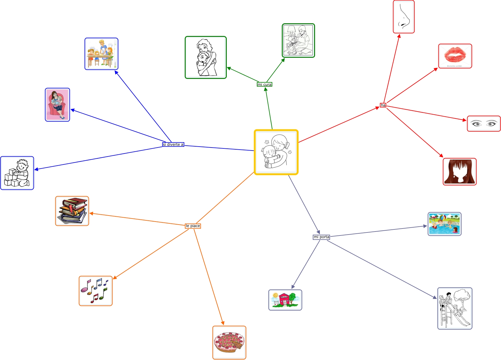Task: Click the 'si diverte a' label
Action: (173, 144)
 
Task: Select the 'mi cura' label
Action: (264, 84)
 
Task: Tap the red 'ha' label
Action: (383, 105)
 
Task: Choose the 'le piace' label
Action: (193, 226)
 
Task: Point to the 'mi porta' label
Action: (321, 237)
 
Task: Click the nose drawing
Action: (404, 17)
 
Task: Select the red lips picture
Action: (455, 56)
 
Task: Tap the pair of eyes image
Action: (484, 124)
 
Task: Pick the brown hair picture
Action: (460, 171)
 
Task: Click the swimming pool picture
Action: (444, 224)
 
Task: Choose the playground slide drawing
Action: (455, 308)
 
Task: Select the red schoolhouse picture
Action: (285, 300)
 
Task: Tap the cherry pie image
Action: (229, 342)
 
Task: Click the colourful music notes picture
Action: (96, 291)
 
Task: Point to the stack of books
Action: (72, 211)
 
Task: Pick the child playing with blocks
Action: (17, 173)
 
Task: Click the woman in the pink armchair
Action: (57, 105)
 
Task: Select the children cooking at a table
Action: (101, 54)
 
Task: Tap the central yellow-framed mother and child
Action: (276, 152)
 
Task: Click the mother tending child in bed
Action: (298, 41)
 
